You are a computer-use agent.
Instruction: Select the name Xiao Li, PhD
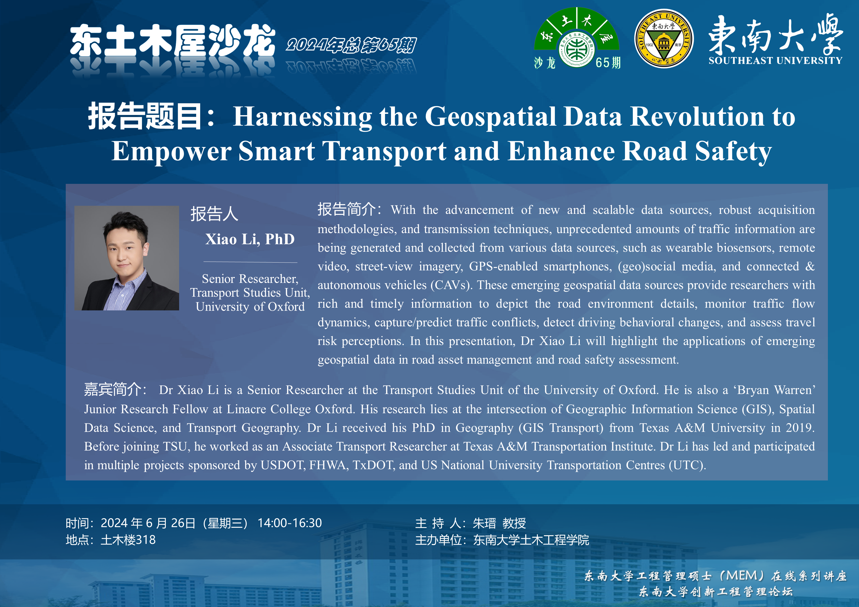pyautogui.click(x=250, y=239)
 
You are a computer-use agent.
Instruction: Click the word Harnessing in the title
pyautogui.click(x=302, y=117)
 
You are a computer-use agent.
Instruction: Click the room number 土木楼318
pyautogui.click(x=128, y=540)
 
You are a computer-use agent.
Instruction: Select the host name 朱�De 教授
pyautogui.click(x=499, y=523)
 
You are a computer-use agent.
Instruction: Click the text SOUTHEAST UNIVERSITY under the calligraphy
pyautogui.click(x=776, y=61)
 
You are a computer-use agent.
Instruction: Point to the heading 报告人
pyautogui.click(x=214, y=214)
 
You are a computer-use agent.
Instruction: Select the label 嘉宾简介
pyautogui.click(x=112, y=389)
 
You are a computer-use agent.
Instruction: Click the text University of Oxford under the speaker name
pyautogui.click(x=250, y=307)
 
